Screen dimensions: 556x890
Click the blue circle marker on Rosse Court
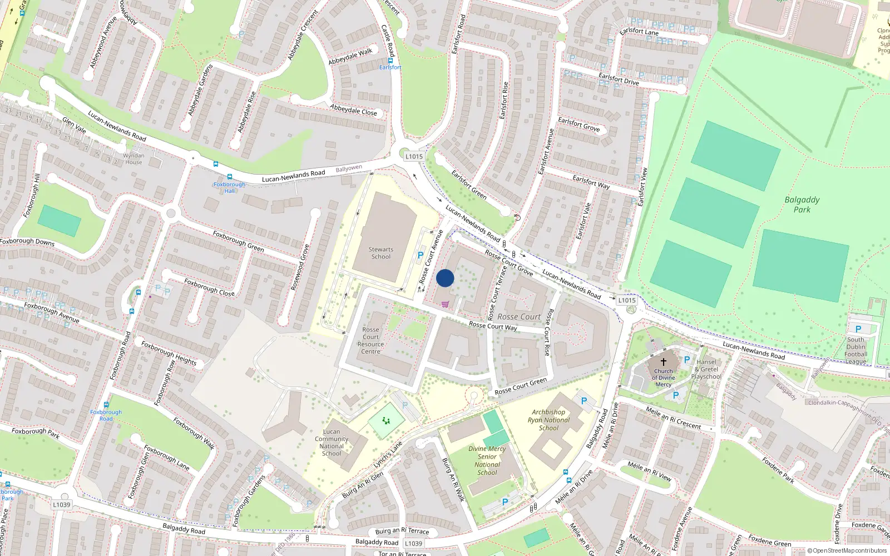[445, 278]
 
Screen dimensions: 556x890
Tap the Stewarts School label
[381, 253]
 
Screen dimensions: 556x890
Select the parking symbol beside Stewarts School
[421, 256]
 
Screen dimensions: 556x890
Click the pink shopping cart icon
[445, 304]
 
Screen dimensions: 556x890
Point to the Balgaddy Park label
[802, 205]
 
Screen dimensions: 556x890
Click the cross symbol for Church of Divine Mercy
[663, 361]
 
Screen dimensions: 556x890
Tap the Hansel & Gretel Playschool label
[706, 369]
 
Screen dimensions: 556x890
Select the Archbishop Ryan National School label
[548, 420]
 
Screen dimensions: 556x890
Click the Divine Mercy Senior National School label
[487, 460]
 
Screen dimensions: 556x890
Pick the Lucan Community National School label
[332, 443]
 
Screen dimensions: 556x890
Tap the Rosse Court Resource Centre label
[371, 340]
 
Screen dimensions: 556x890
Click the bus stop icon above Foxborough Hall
[229, 177]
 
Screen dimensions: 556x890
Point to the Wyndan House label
[133, 159]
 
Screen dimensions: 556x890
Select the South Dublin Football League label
[856, 350]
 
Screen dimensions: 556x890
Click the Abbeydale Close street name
[353, 110]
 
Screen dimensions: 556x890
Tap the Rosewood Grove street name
[300, 267]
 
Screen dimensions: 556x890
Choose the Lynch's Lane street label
[388, 455]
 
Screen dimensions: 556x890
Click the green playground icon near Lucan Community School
[386, 421]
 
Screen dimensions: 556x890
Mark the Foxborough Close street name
[209, 287]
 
